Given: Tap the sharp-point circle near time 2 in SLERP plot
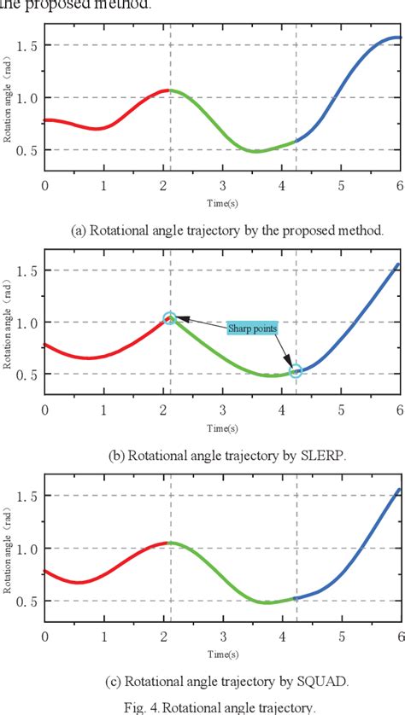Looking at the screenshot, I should pyautogui.click(x=169, y=318).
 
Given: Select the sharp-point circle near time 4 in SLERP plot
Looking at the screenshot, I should pyautogui.click(x=296, y=371).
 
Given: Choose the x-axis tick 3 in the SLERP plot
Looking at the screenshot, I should pyautogui.click(x=222, y=410).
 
